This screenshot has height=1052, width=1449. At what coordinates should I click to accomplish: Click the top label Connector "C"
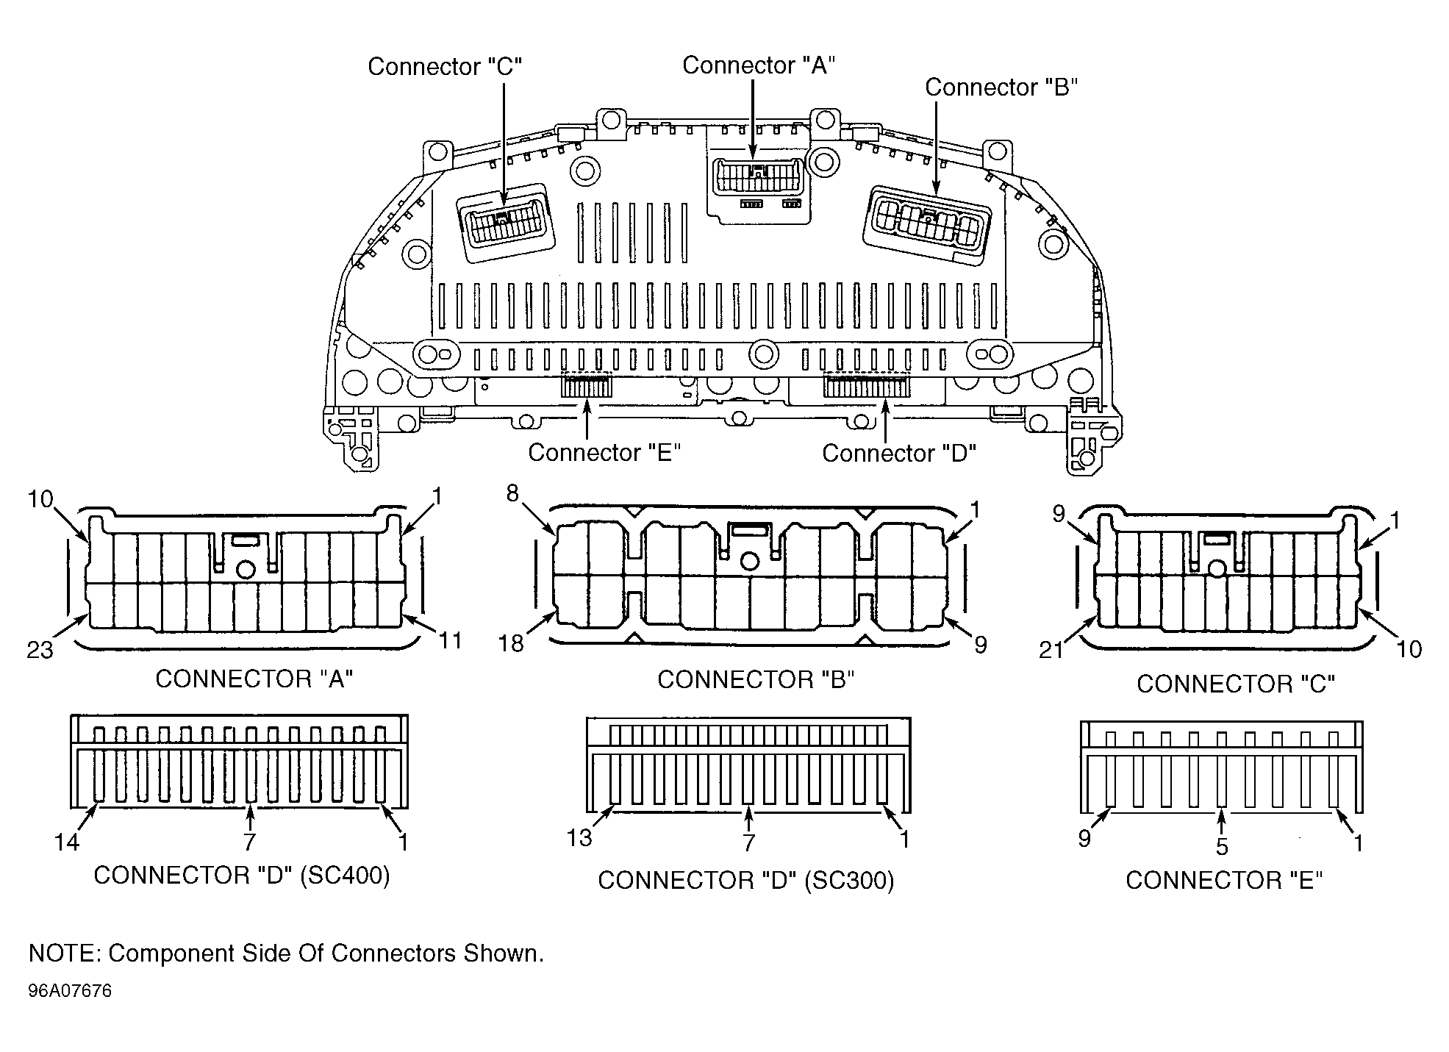pyautogui.click(x=445, y=66)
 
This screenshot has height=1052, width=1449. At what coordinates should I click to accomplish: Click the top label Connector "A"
pyautogui.click(x=759, y=65)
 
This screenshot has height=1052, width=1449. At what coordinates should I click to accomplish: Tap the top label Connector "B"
pyautogui.click(x=1001, y=87)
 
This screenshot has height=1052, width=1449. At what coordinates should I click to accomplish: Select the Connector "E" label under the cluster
pyautogui.click(x=604, y=452)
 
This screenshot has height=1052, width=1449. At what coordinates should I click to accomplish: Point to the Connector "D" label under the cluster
pyautogui.click(x=899, y=453)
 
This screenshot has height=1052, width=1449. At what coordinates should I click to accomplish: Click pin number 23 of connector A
pyautogui.click(x=40, y=650)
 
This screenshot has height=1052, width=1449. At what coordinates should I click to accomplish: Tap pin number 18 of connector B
pyautogui.click(x=511, y=643)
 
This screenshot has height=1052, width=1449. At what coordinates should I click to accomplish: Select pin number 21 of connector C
pyautogui.click(x=1051, y=650)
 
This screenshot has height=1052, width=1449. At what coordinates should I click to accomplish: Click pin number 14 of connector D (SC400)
pyautogui.click(x=66, y=842)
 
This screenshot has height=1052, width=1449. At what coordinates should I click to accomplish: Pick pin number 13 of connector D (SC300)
pyautogui.click(x=579, y=837)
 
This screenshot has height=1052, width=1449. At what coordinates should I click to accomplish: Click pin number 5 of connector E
pyautogui.click(x=1222, y=847)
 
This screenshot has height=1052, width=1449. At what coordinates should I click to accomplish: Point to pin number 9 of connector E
pyautogui.click(x=1084, y=839)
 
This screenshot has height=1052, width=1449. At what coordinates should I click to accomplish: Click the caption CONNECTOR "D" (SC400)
pyautogui.click(x=242, y=875)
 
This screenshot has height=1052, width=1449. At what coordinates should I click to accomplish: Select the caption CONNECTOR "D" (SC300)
pyautogui.click(x=746, y=880)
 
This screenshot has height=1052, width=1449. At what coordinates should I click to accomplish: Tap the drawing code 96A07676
pyautogui.click(x=70, y=991)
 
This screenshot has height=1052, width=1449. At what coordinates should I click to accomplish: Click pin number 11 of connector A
pyautogui.click(x=450, y=640)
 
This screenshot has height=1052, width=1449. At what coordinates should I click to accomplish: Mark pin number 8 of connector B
pyautogui.click(x=512, y=494)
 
